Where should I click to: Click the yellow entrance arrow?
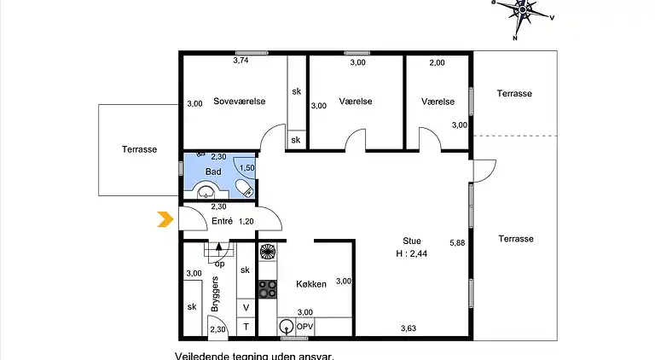tap(165, 219)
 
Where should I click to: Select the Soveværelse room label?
tap(240, 101)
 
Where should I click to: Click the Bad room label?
tap(213, 171)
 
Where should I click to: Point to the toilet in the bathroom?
tap(245, 188)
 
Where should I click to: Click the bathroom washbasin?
tap(206, 191)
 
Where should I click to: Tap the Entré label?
tap(222, 221)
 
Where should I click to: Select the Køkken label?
tap(311, 284)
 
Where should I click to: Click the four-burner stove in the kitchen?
tap(267, 289)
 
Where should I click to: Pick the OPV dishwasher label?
tap(304, 327)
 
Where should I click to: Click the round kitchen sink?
tap(287, 326)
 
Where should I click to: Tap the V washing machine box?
tap(246, 308)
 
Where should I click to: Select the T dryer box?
tap(246, 327)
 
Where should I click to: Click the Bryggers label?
tap(215, 293)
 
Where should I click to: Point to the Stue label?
tap(412, 241)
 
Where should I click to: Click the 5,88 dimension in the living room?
tap(457, 242)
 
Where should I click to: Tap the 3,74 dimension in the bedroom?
tap(241, 60)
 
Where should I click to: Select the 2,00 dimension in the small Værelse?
tap(437, 62)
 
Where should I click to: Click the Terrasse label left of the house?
tap(140, 149)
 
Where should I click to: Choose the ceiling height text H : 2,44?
tap(411, 253)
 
